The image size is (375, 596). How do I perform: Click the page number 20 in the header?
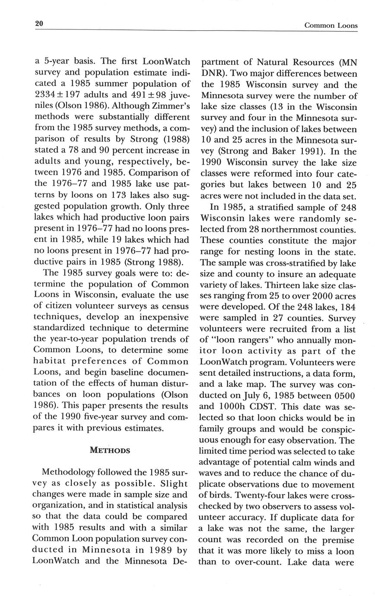pyautogui.click(x=39, y=24)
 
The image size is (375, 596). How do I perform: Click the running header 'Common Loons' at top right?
pyautogui.click(x=331, y=25)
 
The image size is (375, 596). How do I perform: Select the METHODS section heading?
pyautogui.click(x=110, y=450)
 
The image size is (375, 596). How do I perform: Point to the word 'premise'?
pyautogui.click(x=338, y=540)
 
